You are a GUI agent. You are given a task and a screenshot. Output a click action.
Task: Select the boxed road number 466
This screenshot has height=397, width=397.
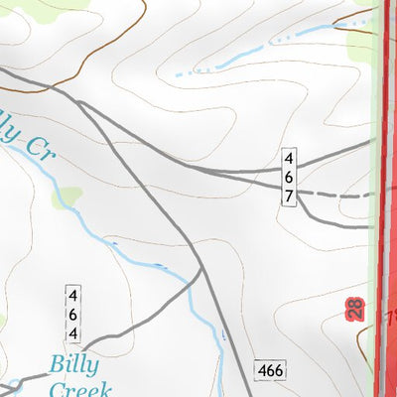(270, 370)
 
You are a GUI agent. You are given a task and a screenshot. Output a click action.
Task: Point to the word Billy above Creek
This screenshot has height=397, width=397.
(75, 364)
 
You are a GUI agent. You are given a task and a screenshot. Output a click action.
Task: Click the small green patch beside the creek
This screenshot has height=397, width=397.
(67, 197)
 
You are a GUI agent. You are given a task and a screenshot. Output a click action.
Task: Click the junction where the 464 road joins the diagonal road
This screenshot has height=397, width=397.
(200, 270)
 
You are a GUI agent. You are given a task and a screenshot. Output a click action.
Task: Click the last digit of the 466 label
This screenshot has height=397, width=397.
(279, 370)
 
